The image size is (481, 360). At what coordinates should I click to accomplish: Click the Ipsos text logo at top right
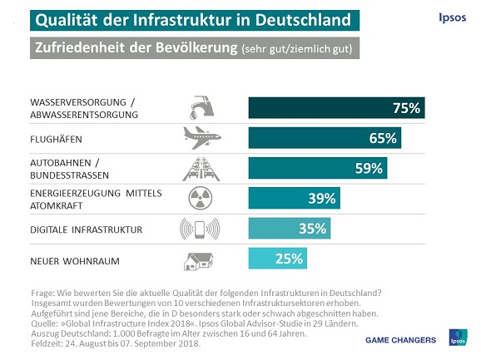451,17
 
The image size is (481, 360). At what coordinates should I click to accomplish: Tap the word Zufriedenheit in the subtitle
78,48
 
